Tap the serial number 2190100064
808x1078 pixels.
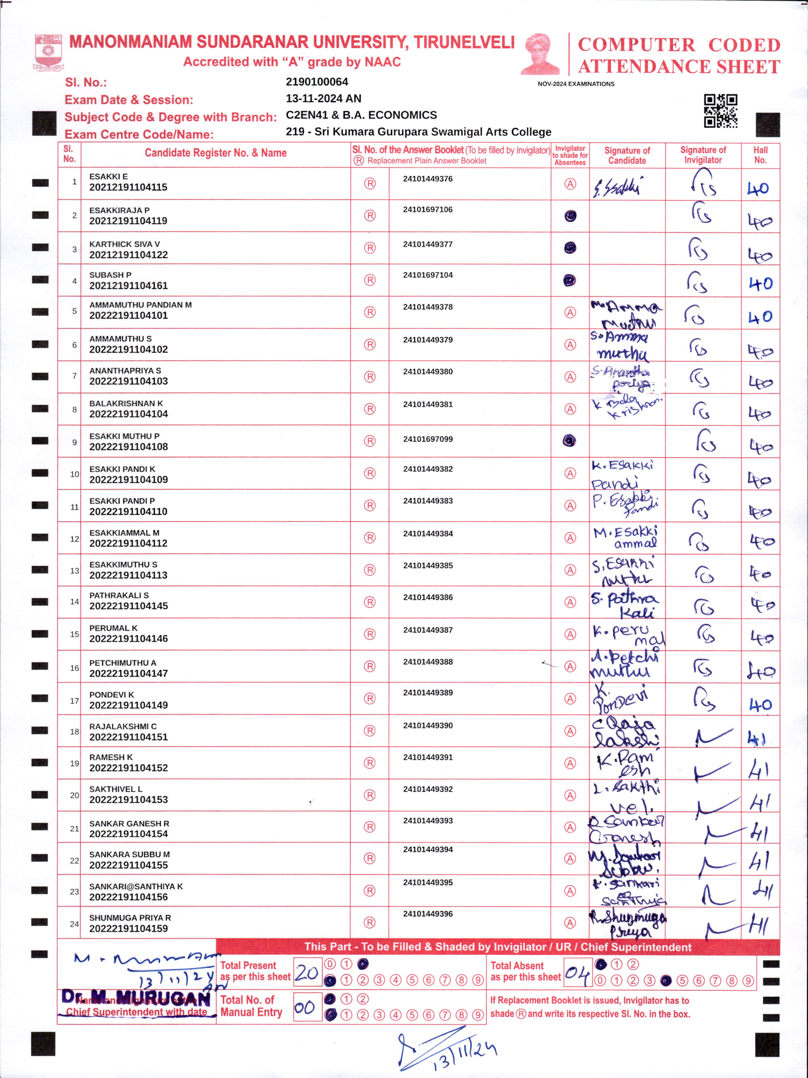click(x=317, y=82)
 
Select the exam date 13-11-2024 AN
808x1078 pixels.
click(x=324, y=98)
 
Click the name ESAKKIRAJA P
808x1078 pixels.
click(x=119, y=210)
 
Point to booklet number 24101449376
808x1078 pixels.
click(x=428, y=179)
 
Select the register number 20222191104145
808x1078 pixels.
click(x=128, y=606)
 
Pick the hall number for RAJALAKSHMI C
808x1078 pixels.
click(x=757, y=739)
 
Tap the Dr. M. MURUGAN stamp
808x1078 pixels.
click(x=136, y=999)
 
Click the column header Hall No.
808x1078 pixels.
click(x=760, y=155)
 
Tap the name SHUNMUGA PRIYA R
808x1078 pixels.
click(x=130, y=918)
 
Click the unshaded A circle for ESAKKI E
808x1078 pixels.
click(x=570, y=184)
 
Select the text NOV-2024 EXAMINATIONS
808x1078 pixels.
click(x=576, y=84)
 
